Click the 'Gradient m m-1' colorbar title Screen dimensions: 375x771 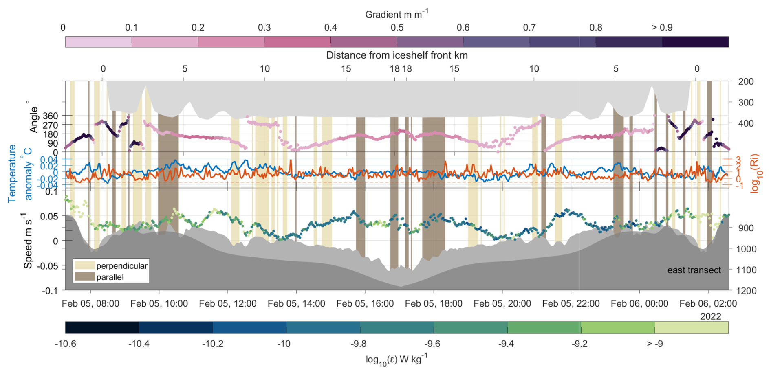tap(396, 14)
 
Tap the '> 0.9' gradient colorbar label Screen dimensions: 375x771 tap(662, 28)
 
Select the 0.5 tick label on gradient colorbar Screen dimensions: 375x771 tap(397, 28)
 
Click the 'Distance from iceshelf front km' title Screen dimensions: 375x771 tap(397, 55)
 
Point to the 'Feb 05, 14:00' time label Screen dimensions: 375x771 tap(296, 304)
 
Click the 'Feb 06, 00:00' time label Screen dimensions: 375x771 tap(639, 304)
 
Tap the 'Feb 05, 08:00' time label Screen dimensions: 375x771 tap(90, 304)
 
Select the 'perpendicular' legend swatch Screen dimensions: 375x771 tap(84, 265)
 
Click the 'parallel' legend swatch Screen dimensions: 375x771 tap(84, 277)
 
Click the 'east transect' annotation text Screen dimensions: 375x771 tap(694, 270)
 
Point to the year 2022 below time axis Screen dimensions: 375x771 tap(710, 316)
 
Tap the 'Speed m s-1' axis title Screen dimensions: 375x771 tap(28, 241)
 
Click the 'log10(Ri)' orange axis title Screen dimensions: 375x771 tap(755, 173)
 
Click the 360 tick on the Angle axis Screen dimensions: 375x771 tap(50, 116)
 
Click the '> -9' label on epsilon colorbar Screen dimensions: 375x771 tap(654, 344)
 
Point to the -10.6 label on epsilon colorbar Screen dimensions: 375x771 tap(65, 344)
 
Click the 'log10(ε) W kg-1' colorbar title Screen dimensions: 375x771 tap(396, 359)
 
